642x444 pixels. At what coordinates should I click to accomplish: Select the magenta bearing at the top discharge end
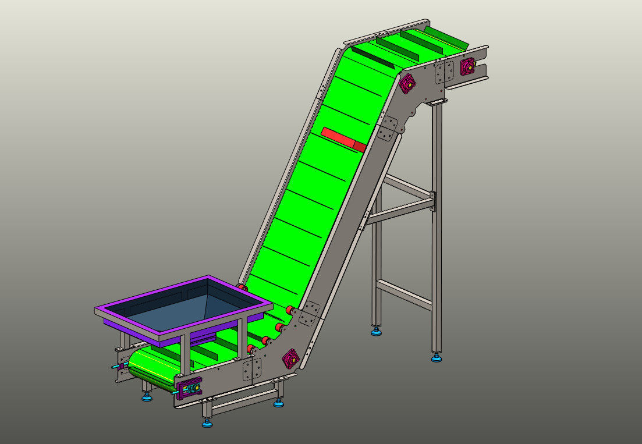coord(467,67)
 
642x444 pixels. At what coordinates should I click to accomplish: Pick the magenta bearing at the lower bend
coord(290,359)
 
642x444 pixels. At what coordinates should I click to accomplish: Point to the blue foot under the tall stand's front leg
coord(436,357)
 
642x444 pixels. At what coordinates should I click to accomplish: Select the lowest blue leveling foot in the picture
coord(207,423)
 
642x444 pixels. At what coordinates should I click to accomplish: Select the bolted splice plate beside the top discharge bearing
coord(444,72)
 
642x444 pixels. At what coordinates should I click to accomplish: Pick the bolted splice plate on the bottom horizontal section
coord(252,369)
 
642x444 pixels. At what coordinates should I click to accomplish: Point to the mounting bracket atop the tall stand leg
coord(436,103)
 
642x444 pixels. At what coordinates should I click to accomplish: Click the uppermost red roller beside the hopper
coord(242,287)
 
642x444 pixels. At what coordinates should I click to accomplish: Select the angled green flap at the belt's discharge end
coord(446,37)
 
